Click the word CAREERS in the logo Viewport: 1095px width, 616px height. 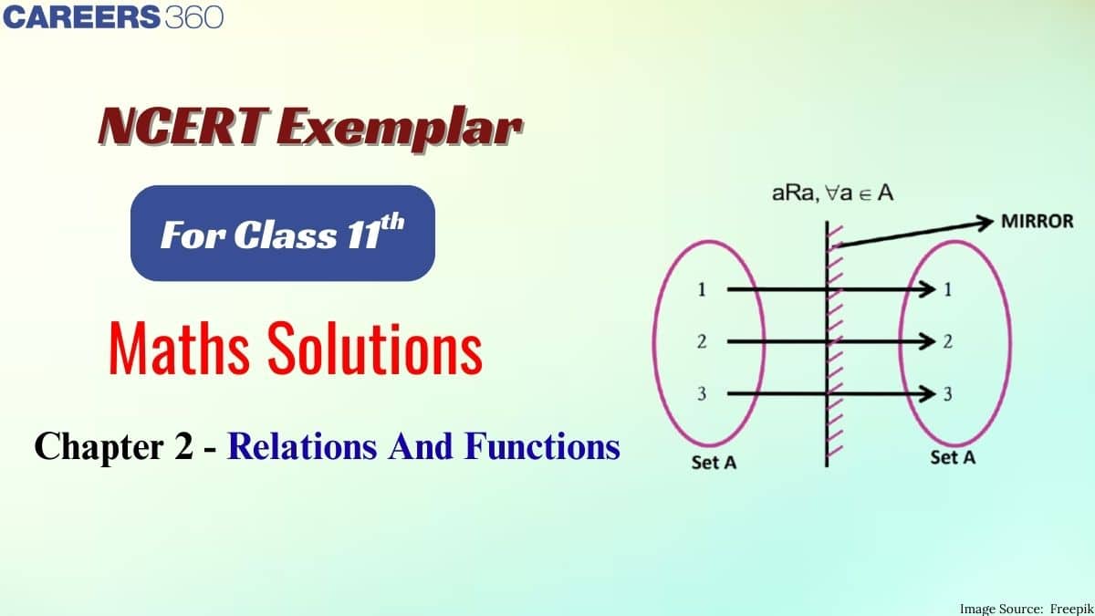[81, 17]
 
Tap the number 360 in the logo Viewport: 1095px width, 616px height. [194, 17]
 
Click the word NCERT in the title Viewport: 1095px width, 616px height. [183, 127]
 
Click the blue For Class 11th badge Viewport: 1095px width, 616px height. [283, 234]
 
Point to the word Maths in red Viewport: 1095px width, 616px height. [180, 348]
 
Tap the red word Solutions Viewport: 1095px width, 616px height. [375, 348]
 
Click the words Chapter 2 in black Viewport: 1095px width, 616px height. [114, 446]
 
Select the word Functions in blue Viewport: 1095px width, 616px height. [543, 446]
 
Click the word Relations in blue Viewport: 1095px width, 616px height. [302, 446]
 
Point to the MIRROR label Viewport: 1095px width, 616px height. [1038, 222]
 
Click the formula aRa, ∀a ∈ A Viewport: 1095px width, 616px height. [832, 193]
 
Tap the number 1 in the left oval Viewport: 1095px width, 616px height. [702, 290]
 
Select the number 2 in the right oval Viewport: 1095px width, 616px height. [948, 341]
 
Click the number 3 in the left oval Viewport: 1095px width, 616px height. [702, 393]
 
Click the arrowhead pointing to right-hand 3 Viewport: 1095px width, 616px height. [928, 393]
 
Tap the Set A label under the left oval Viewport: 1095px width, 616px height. [714, 463]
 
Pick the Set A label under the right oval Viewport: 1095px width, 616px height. [953, 457]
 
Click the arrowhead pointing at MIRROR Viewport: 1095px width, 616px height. [984, 223]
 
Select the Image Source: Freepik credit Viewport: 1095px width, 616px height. [1027, 609]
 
